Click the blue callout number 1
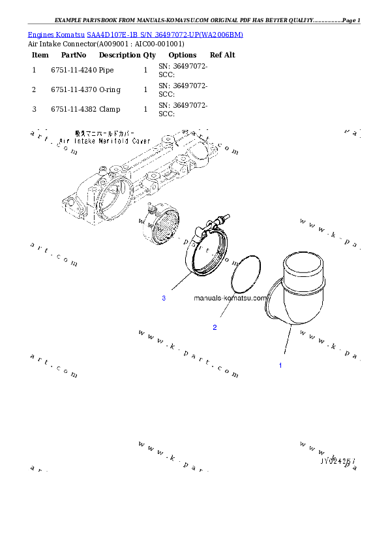[280, 365]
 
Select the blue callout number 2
[215, 327]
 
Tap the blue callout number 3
[164, 298]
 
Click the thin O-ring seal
[246, 275]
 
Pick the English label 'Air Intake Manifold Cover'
[104, 140]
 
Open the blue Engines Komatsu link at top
[136, 34]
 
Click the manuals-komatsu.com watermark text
[230, 298]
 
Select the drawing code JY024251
[337, 460]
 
